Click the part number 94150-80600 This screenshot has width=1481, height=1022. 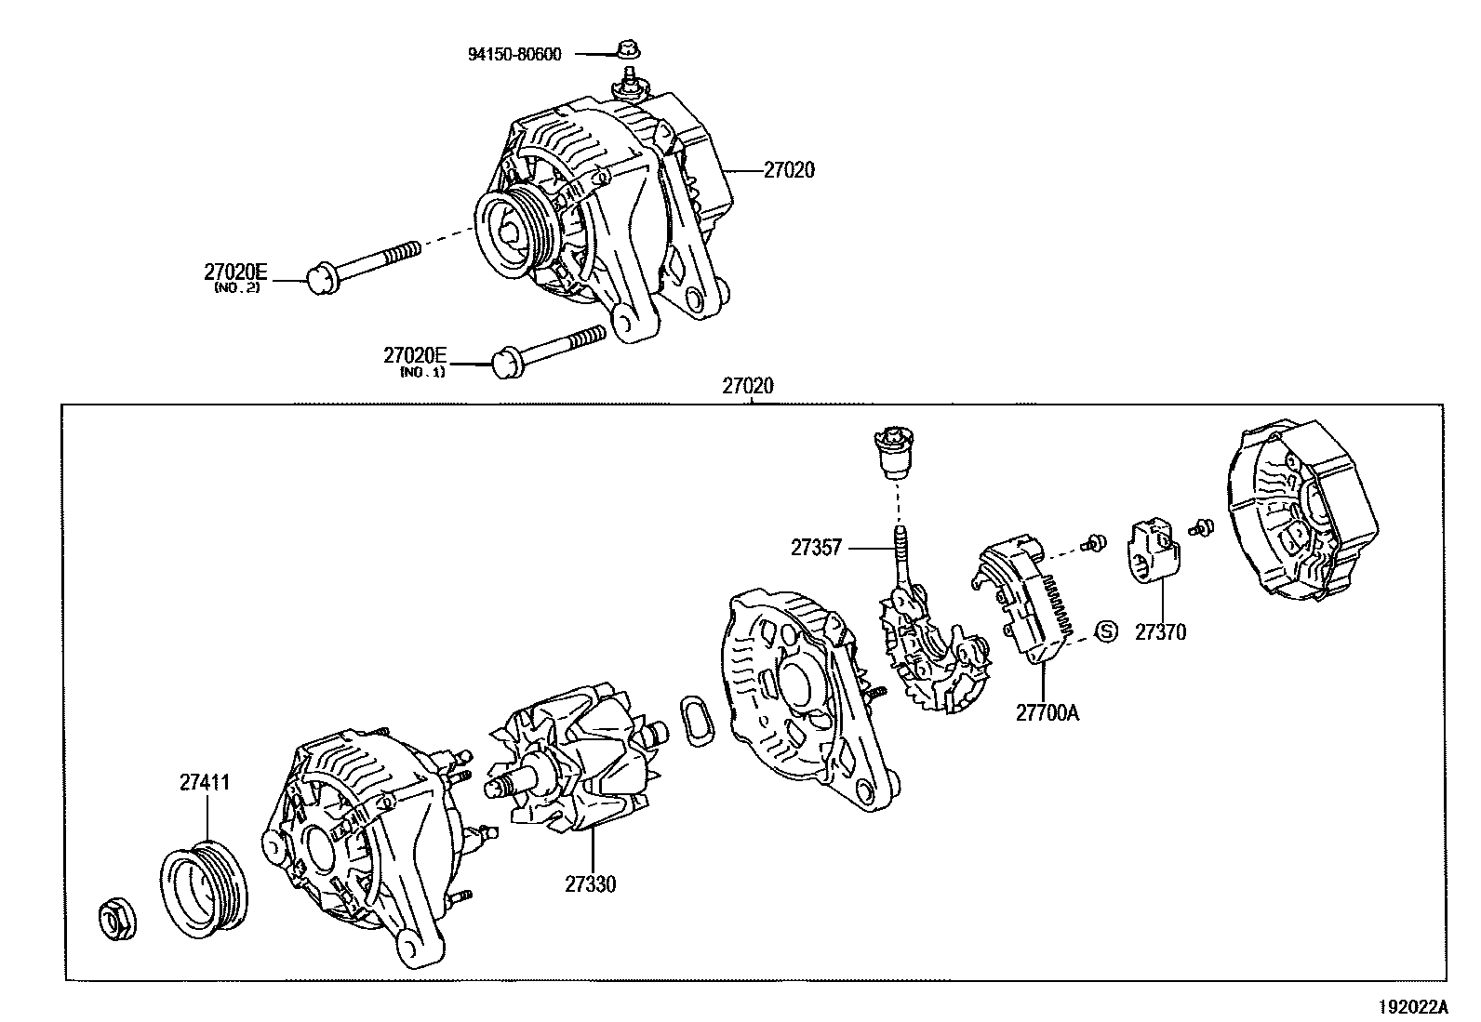click(514, 54)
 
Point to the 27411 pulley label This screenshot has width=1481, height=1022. click(205, 783)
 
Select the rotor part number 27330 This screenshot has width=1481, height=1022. click(590, 884)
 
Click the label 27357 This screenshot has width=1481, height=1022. click(816, 548)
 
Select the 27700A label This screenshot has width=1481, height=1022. click(1047, 712)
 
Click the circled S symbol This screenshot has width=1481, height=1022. click(1106, 631)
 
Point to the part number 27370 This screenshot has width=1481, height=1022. click(1160, 632)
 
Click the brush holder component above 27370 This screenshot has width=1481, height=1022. click(1154, 553)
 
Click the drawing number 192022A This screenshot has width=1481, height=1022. click(1413, 1006)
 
